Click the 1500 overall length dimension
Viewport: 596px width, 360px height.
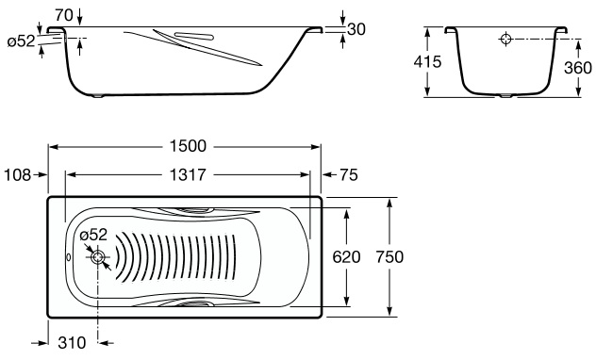pos(188,146)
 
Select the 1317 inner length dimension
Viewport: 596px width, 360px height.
pos(188,175)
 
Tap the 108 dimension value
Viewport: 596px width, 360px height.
pos(18,175)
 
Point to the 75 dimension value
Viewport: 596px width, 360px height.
pos(349,175)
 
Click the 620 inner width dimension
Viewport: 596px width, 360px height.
pos(346,257)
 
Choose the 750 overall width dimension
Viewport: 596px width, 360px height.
pos(389,257)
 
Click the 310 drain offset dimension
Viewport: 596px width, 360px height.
pos(72,343)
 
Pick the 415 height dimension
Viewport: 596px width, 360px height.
pos(427,61)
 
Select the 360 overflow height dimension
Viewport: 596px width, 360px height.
pos(578,68)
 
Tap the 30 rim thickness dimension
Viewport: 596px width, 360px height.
pos(356,29)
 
